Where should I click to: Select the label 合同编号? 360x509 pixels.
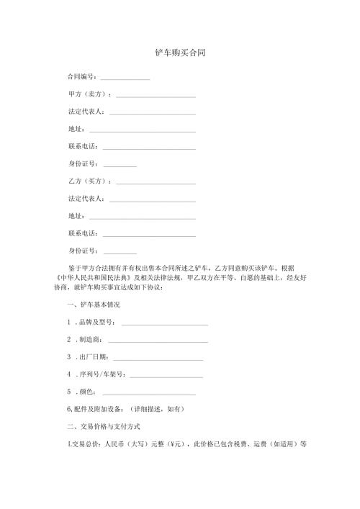tap(81, 76)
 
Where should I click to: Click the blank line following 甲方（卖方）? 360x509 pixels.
tap(156, 96)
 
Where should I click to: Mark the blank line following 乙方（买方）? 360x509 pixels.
tap(156, 181)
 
